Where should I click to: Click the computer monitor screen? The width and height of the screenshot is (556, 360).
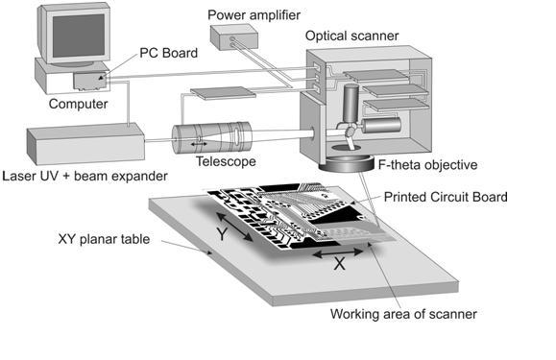[x=80, y=36]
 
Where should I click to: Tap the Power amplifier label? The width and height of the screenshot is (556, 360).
[x=254, y=15]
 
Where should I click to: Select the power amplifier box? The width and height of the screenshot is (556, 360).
[x=234, y=36]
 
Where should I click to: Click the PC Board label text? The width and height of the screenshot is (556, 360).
[x=168, y=53]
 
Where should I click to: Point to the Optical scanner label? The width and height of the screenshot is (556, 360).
[x=351, y=36]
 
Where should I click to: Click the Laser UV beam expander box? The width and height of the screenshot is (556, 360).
[x=85, y=143]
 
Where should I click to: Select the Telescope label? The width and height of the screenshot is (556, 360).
[x=226, y=161]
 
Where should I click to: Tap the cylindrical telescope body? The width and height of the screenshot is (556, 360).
[x=212, y=137]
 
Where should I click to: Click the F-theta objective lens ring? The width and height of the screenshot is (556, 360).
[x=347, y=164]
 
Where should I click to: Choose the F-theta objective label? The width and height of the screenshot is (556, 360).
[x=427, y=165]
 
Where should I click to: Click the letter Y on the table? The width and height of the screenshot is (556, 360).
[x=222, y=234]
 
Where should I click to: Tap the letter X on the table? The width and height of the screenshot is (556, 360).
[x=339, y=264]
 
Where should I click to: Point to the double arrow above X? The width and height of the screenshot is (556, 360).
[x=338, y=252]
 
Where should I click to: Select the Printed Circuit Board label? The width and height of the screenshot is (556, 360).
[x=446, y=197]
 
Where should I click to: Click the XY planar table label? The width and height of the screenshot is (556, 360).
[x=104, y=239]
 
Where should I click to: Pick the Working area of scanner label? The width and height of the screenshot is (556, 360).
[x=403, y=314]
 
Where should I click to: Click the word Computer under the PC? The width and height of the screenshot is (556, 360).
[x=78, y=104]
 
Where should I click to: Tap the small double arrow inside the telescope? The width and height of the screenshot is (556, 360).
[x=199, y=144]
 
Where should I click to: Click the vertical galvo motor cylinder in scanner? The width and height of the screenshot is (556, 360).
[x=351, y=104]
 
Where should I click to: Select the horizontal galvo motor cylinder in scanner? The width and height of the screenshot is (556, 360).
[x=381, y=126]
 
